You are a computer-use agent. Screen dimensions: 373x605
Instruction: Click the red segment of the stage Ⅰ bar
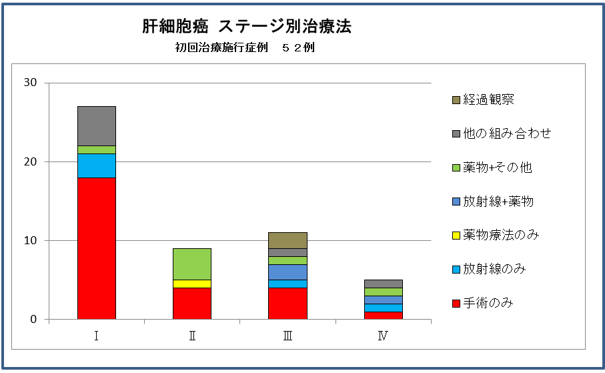(97, 248)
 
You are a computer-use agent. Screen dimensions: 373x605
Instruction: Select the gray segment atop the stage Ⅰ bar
(97, 125)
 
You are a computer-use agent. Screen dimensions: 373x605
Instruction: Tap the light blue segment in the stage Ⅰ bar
(97, 165)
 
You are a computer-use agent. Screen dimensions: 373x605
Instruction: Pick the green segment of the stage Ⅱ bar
(192, 264)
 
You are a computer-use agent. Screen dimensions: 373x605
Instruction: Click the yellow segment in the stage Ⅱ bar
(192, 284)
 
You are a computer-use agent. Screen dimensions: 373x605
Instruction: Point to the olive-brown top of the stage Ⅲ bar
(287, 240)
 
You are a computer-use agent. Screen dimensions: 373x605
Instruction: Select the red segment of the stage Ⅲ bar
(287, 304)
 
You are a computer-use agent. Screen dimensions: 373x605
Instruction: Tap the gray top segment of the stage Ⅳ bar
(383, 284)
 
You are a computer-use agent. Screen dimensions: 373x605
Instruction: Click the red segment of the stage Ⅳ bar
(383, 316)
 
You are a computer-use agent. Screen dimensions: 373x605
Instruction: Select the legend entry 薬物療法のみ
(501, 235)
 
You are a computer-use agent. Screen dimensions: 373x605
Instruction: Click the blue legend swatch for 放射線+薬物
(456, 202)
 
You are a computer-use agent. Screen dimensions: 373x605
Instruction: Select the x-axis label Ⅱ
(192, 336)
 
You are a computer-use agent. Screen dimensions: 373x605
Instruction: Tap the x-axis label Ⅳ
(383, 336)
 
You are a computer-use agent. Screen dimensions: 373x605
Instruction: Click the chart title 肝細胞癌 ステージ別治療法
(247, 27)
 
